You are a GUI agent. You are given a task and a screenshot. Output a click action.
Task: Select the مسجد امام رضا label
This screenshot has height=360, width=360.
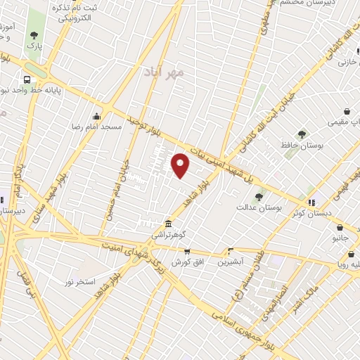(103, 127)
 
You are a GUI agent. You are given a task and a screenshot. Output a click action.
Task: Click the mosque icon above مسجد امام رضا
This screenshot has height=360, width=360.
(96, 116)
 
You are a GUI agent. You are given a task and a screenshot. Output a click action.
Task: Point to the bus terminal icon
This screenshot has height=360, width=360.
(27, 79)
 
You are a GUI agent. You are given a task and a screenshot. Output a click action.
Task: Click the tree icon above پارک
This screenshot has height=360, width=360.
(34, 34)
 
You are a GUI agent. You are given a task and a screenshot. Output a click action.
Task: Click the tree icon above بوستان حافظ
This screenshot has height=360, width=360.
(302, 134)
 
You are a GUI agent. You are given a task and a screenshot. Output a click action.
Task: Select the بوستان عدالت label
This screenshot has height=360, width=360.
(259, 207)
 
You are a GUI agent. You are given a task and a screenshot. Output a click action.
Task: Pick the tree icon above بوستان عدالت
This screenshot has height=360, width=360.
(259, 197)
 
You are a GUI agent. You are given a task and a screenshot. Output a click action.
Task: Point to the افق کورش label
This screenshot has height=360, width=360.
(186, 262)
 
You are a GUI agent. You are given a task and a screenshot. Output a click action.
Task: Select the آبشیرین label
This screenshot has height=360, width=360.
(230, 262)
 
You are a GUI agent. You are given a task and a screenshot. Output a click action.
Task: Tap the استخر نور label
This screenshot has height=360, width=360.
(79, 281)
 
